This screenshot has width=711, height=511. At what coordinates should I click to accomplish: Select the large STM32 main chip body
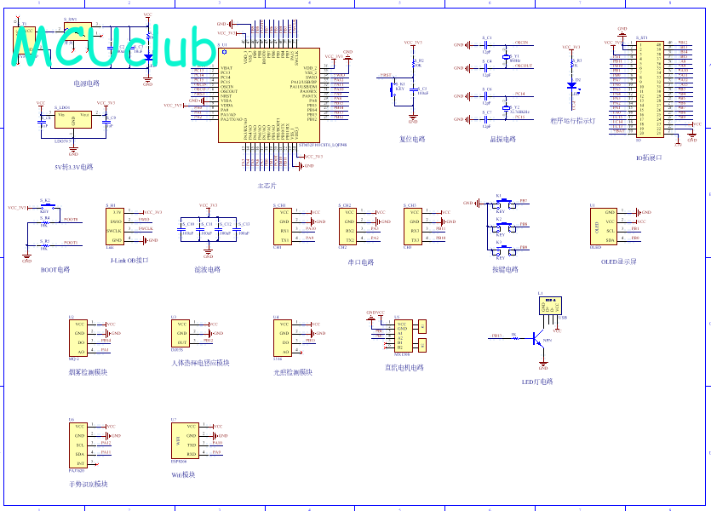[x=268, y=94]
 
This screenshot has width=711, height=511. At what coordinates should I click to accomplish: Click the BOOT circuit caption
[x=55, y=269]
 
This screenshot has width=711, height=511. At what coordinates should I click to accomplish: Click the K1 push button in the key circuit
[x=502, y=204]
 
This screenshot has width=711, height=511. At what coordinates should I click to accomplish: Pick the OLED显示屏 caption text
[x=618, y=262]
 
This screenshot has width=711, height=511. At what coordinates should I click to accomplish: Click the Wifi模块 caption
[x=183, y=474]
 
